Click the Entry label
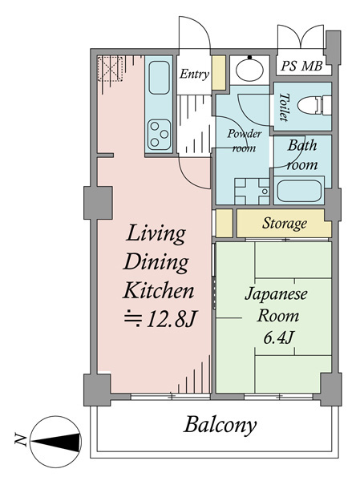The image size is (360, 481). coord(194,74)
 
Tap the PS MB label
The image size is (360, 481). coord(301,66)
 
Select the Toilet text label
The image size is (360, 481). coord(285,107)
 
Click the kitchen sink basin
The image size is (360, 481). coord(159,77)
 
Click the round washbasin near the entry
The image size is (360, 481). coord(249,69)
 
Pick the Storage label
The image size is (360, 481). coord(285,223)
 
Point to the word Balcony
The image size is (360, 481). coord(220,425)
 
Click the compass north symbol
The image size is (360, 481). coord(56,442)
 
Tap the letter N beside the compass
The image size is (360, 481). coord(20,439)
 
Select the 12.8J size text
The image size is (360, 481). coord(160,319)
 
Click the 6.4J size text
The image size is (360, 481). coord(277,338)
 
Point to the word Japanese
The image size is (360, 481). coord(276,294)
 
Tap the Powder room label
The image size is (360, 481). coord(245,141)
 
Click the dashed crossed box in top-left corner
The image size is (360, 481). coord(110,69)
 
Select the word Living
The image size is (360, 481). coord(156,234)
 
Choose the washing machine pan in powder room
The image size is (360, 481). coord(252,191)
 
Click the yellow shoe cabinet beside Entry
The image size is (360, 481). coord(219,73)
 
